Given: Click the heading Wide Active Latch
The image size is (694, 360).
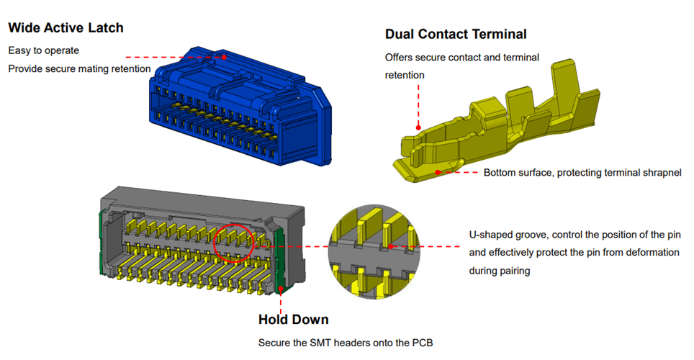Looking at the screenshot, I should click(x=66, y=28).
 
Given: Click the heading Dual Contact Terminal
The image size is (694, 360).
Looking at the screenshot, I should click(x=456, y=34).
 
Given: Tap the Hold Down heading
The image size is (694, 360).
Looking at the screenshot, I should click(x=293, y=320).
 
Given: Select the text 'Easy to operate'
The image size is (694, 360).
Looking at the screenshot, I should click(x=43, y=50).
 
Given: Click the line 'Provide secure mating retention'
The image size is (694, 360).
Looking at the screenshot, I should click(x=79, y=68).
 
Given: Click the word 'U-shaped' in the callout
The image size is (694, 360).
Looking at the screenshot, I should click(x=490, y=235).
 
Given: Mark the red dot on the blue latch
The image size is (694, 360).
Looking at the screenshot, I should click(x=225, y=56).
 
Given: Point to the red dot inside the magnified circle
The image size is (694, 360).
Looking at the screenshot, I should click(x=389, y=246).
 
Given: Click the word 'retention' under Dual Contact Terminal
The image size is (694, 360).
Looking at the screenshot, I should click(x=405, y=75).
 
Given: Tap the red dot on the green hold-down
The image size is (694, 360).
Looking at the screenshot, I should click(x=280, y=289).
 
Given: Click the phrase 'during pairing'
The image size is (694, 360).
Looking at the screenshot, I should click(x=501, y=270).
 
